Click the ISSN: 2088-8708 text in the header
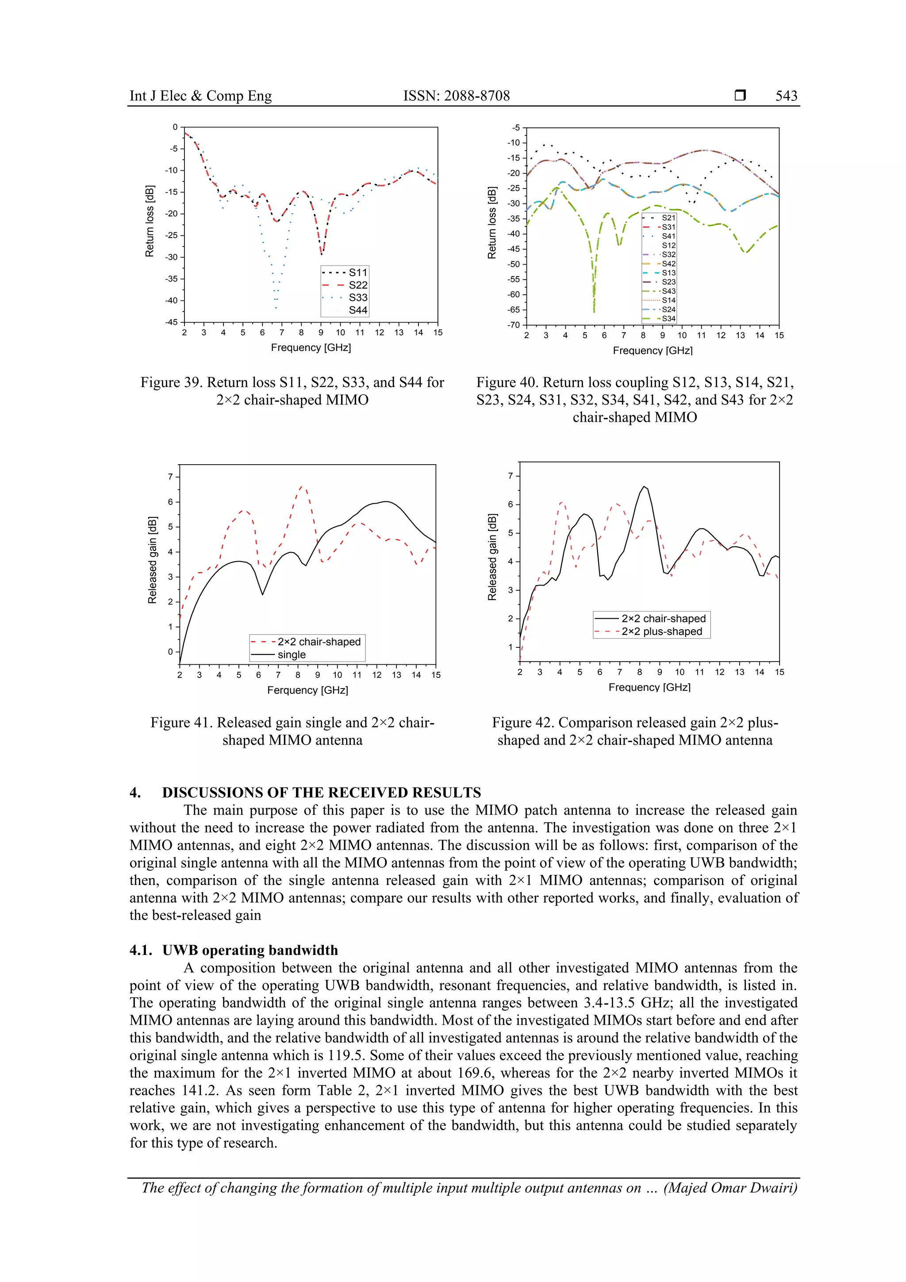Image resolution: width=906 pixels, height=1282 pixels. (456, 96)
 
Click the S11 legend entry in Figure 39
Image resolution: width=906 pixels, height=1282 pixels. (358, 273)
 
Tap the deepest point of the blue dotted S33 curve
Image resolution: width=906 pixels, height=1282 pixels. (276, 308)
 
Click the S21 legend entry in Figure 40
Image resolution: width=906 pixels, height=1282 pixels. (668, 218)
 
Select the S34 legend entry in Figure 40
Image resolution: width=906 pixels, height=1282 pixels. (668, 319)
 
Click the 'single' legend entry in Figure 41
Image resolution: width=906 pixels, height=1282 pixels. (292, 654)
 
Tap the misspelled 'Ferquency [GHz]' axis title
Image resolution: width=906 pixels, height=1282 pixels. (307, 690)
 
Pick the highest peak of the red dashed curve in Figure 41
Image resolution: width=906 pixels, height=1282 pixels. (301, 486)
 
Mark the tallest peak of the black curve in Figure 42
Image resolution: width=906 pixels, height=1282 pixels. (644, 486)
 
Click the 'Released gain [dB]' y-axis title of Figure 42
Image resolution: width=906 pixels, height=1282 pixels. (492, 557)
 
